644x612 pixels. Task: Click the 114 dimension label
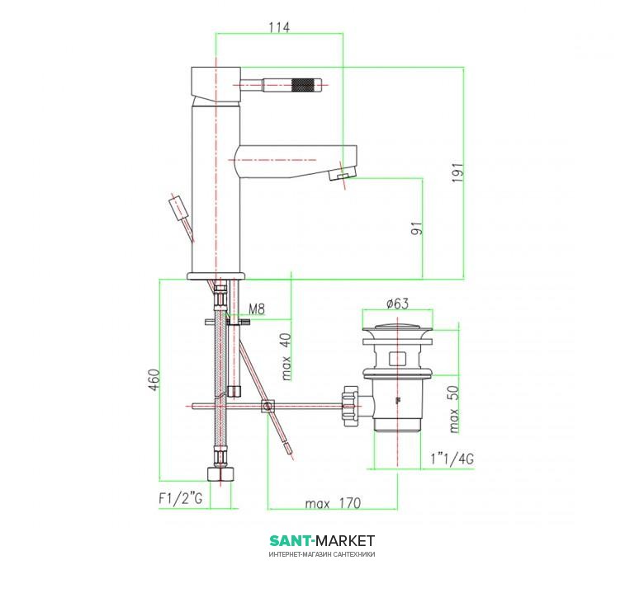(279, 27)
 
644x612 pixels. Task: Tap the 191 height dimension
(458, 172)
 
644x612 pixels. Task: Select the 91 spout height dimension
(417, 228)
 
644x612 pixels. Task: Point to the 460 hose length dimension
(154, 380)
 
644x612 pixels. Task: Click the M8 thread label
(257, 308)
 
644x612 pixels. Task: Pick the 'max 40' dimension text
(286, 357)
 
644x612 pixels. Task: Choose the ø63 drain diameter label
(398, 304)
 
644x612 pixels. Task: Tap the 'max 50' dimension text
(454, 409)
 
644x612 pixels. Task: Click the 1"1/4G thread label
(452, 459)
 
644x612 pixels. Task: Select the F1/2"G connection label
(181, 498)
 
